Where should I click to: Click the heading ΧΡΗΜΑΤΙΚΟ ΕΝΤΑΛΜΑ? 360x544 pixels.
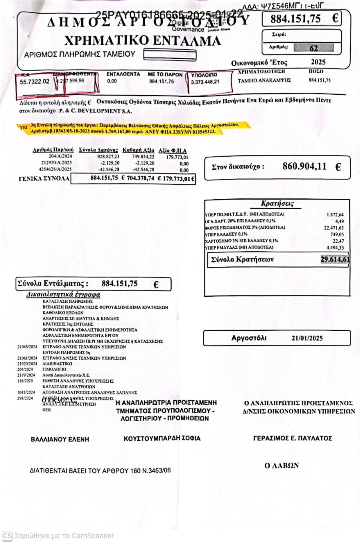142,41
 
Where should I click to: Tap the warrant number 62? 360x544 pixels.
314,48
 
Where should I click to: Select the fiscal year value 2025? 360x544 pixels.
318,62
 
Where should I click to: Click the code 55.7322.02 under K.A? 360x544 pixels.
35,81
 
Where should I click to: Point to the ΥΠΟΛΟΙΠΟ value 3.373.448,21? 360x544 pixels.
205,82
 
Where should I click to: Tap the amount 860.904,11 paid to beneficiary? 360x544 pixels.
304,166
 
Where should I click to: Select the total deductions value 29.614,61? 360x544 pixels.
335,259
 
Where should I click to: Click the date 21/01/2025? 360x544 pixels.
307,338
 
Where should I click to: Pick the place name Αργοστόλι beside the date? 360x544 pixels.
249,338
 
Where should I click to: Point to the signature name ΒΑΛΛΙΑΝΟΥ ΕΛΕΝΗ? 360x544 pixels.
60,439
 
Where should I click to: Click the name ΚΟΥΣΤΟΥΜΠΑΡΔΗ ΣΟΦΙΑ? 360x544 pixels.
162,438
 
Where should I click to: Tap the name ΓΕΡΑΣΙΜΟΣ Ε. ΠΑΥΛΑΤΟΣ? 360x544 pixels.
292,438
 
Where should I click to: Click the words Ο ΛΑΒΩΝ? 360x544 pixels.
282,465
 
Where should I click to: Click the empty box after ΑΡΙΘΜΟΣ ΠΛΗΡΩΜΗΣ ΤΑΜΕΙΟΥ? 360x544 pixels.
170,55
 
